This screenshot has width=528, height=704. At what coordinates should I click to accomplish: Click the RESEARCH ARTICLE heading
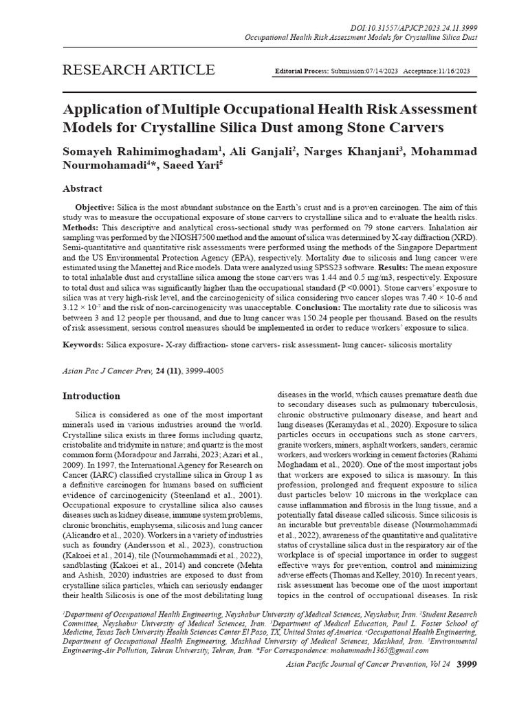point(139,70)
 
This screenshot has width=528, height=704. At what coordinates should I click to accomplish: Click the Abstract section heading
point(82,188)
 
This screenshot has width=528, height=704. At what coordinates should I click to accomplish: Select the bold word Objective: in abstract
point(96,207)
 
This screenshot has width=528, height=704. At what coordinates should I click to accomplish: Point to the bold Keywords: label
point(87,344)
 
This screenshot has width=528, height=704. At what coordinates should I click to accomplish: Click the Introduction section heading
point(91,396)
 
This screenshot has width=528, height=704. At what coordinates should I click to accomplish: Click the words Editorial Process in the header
point(301,71)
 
